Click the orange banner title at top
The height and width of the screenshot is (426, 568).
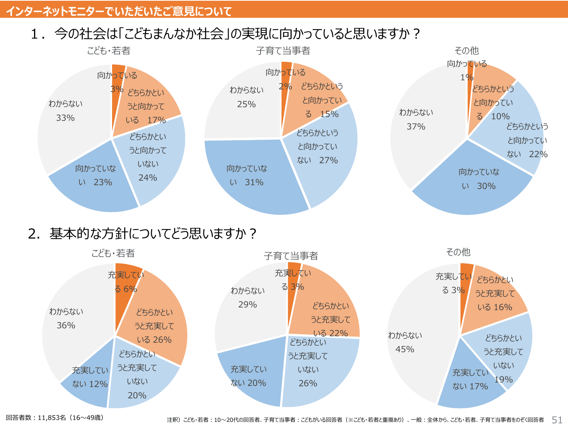(x=119, y=11)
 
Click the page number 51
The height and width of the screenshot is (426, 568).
(x=557, y=420)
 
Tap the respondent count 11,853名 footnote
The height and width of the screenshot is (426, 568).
(x=55, y=418)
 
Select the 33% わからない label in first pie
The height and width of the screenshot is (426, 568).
(x=65, y=111)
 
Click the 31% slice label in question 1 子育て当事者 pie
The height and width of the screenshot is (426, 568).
(x=247, y=175)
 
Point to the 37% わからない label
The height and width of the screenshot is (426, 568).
(x=416, y=119)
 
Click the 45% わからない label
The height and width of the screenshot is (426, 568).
(x=405, y=342)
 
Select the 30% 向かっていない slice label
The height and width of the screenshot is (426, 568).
(x=479, y=179)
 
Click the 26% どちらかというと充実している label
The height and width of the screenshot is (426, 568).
(x=154, y=326)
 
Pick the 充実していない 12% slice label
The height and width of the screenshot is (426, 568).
(x=90, y=377)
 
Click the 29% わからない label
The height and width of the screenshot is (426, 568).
(x=248, y=298)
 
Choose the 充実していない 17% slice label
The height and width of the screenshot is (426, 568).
(x=470, y=379)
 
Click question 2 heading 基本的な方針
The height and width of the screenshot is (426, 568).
(x=142, y=233)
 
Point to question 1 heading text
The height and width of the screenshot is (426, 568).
(x=225, y=34)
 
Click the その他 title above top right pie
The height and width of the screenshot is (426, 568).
(x=467, y=50)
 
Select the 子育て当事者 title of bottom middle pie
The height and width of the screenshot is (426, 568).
(x=291, y=256)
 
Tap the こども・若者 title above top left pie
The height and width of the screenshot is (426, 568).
(x=109, y=50)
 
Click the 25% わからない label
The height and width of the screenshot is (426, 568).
(x=247, y=97)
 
